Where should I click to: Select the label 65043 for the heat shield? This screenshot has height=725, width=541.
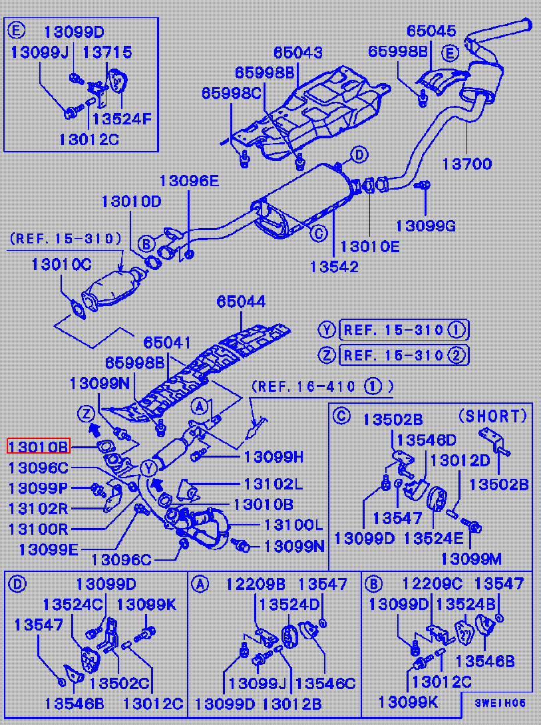coord(298,52)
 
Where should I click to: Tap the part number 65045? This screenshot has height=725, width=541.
coord(431,31)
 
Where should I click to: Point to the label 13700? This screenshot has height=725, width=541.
coord(466,164)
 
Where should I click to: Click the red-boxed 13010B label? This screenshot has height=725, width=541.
coord(38,446)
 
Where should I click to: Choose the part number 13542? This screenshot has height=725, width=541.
coord(334,266)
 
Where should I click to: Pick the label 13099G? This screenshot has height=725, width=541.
coord(426,225)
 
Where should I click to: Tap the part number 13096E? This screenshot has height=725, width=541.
coord(189,180)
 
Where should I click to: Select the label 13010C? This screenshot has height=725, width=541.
coord(61,264)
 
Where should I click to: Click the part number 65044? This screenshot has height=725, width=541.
coord(240,301)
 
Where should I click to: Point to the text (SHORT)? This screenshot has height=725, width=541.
coord(493,416)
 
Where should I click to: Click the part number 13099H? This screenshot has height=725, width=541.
coord(274,456)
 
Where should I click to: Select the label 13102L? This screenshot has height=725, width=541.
coord(273,484)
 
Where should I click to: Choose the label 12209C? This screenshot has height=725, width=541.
coord(433,584)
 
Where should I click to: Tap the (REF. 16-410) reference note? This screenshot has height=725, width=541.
coord(322,386)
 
